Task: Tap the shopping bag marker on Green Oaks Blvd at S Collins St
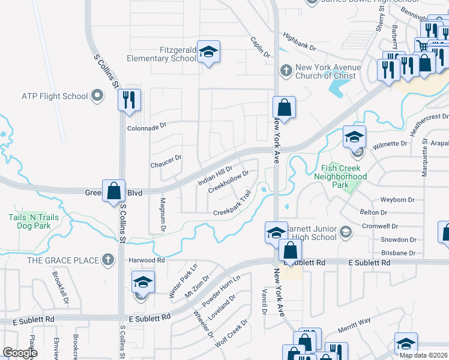click(x=113, y=192)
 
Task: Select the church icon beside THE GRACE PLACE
click(x=107, y=260)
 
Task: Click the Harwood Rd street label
click(x=146, y=260)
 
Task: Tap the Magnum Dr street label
click(x=162, y=212)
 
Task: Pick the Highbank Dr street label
click(x=300, y=41)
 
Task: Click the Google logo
click(x=20, y=352)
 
